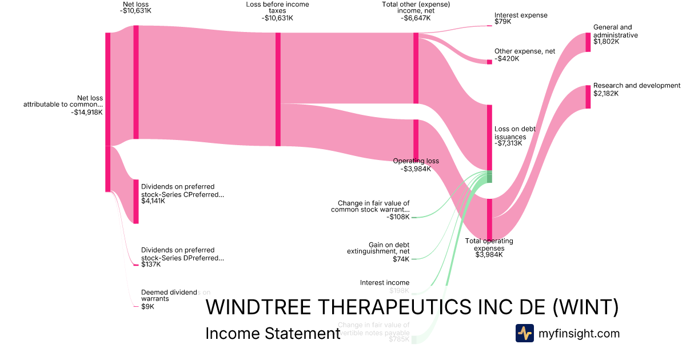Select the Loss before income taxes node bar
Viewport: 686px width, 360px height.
tap(278, 89)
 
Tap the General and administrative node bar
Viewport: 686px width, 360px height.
tap(588, 42)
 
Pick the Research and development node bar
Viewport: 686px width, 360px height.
tap(588, 97)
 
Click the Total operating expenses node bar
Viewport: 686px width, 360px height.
tap(489, 219)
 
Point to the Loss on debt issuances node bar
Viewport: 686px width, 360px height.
tap(489, 137)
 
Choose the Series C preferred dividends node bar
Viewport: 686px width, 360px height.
tap(136, 201)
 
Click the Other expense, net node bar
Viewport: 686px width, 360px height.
tap(489, 62)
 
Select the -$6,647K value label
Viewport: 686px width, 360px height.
tap(416, 18)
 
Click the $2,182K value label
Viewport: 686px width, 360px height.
tap(606, 93)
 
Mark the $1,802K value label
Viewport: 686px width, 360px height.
tap(606, 42)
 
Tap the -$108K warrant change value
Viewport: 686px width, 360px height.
tap(398, 217)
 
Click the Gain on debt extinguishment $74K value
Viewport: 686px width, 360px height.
tap(401, 259)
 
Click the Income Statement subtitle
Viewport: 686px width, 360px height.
tap(273, 333)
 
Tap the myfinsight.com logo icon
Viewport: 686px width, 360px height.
tap(524, 333)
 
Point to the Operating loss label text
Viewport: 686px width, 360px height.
tap(416, 161)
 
